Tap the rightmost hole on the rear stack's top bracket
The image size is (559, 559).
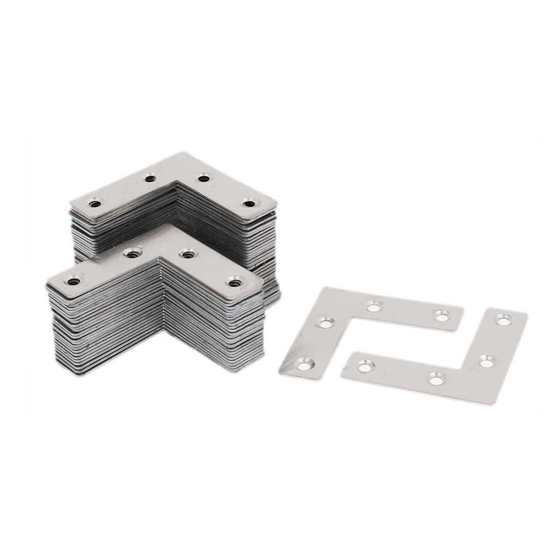pos(248,204)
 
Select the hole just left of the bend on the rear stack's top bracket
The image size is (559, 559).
pos(149,178)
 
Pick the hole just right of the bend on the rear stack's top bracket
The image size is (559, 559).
pos(204,178)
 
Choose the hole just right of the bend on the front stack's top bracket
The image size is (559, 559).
pos(189,252)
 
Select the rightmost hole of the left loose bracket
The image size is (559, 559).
pos(439,315)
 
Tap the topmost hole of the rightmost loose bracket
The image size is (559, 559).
pos(504,320)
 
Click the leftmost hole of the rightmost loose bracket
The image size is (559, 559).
pos(362,364)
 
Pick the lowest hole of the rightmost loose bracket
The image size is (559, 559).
pos(433,377)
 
